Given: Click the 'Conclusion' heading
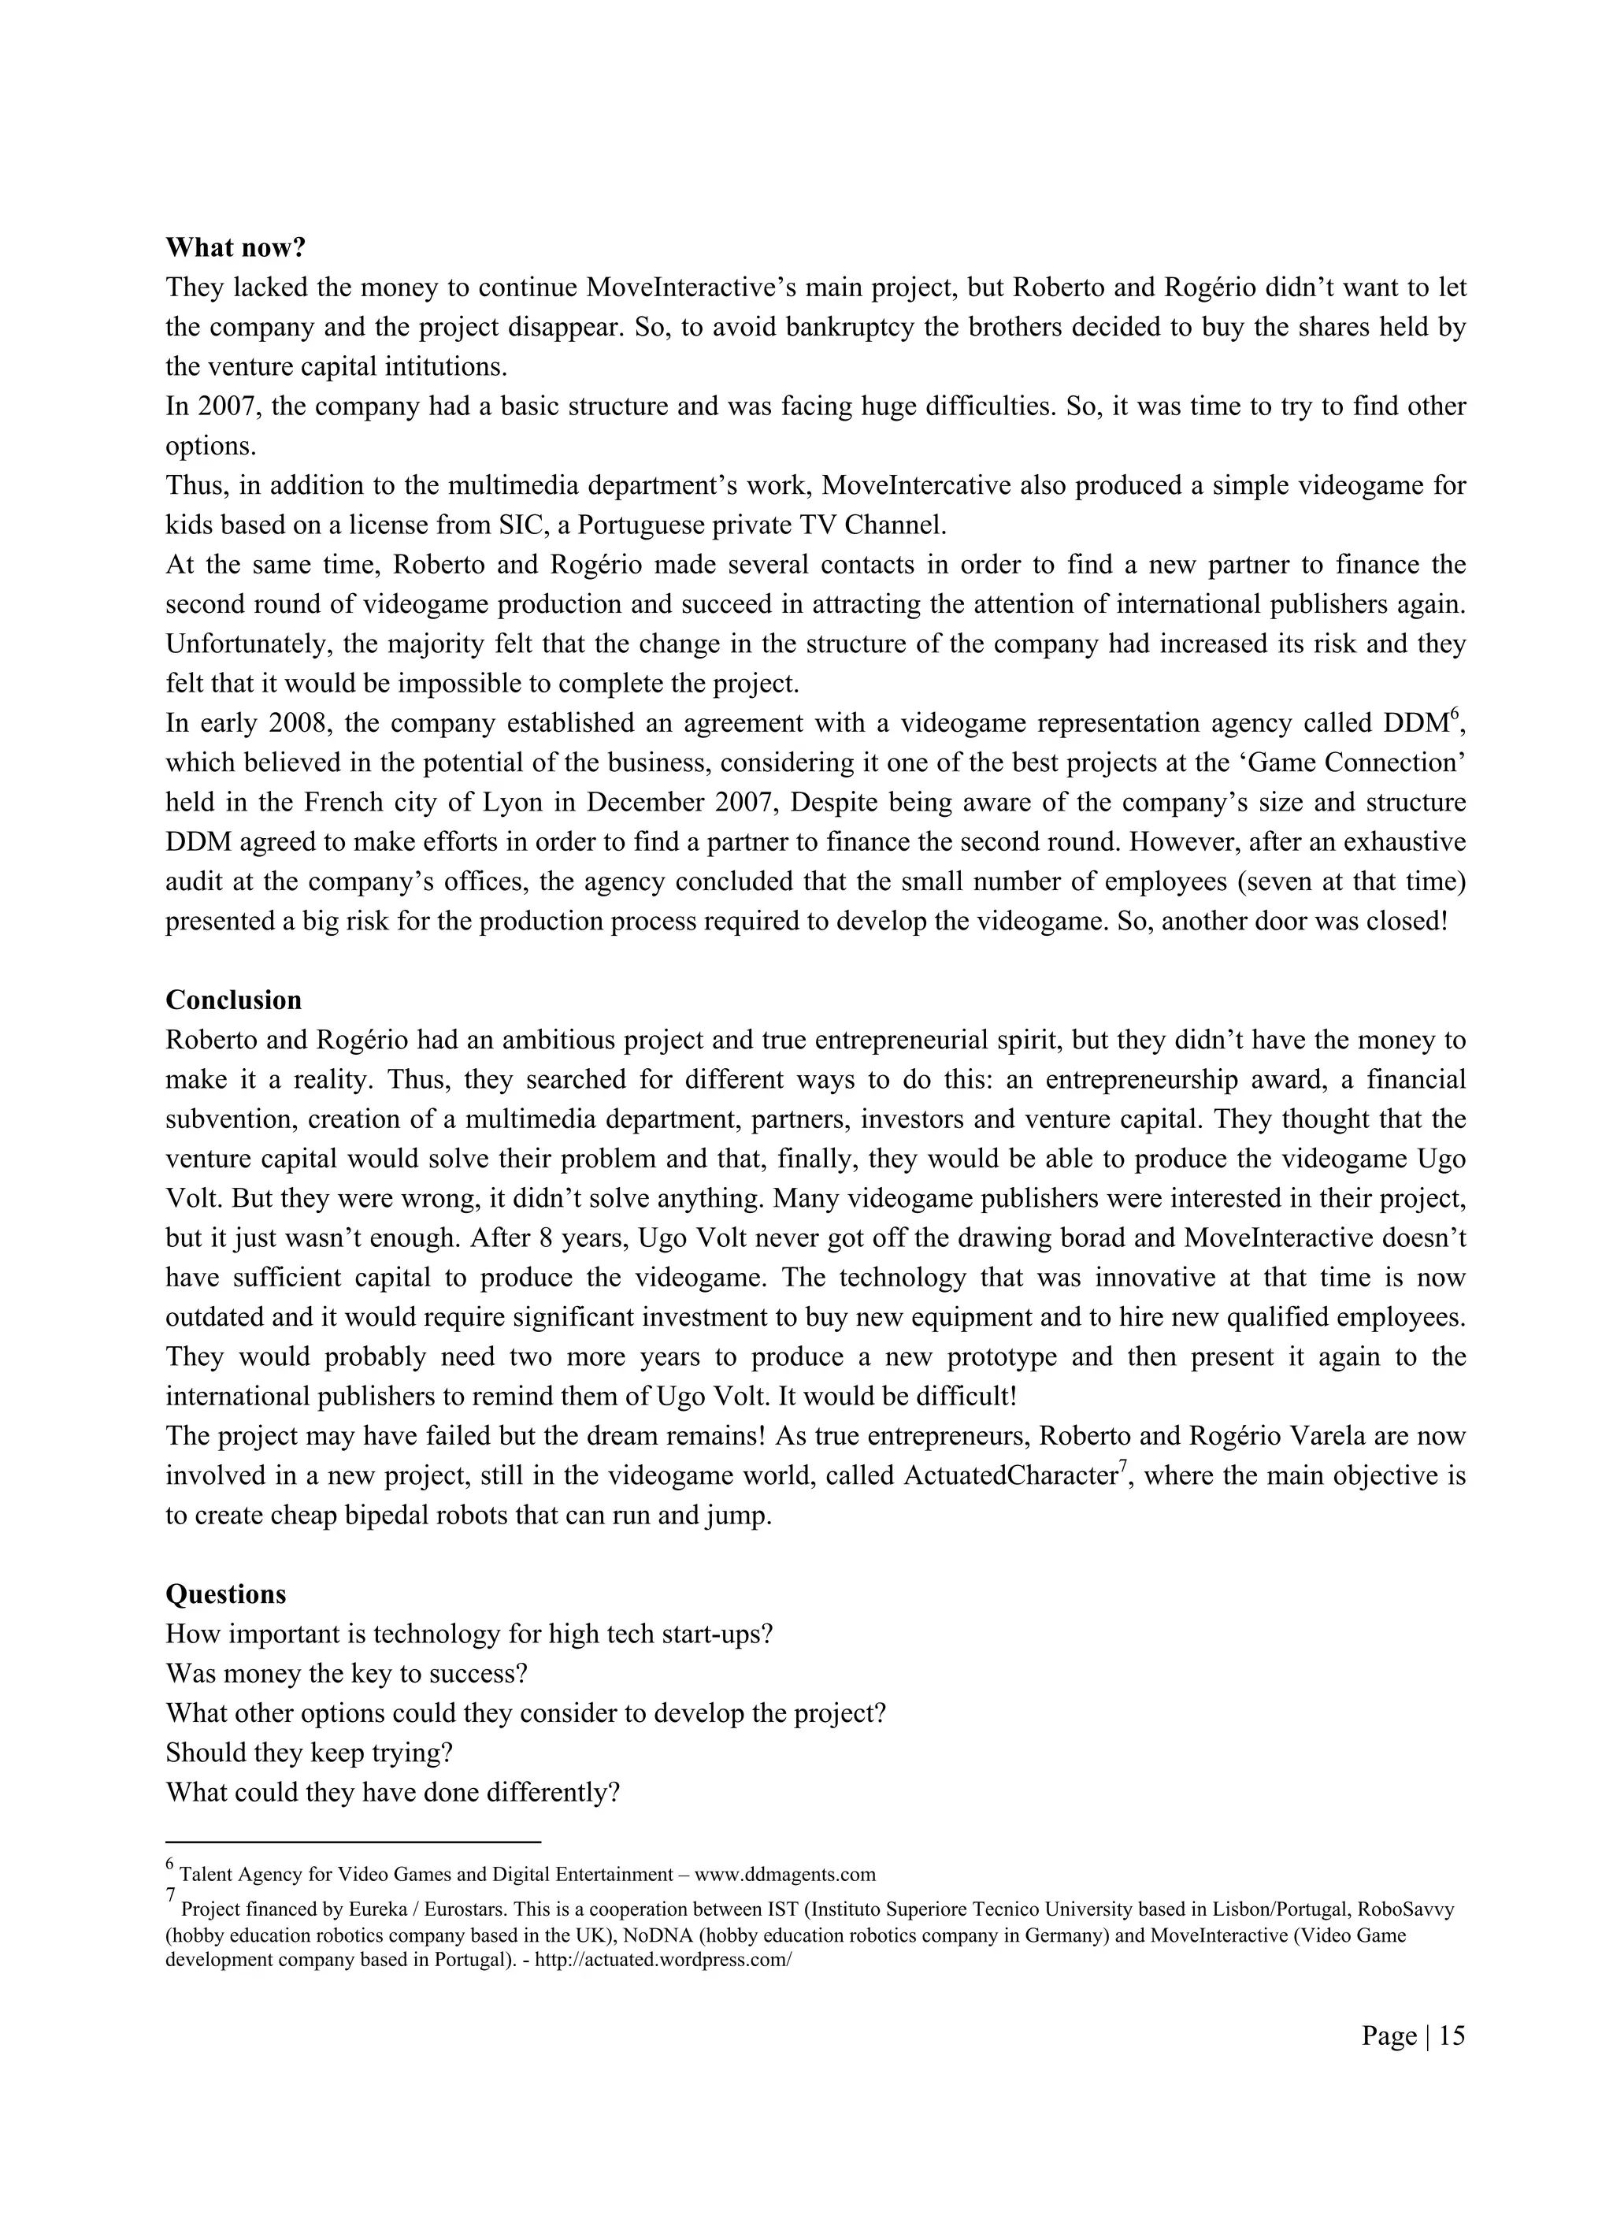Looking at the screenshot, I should pos(233,1000).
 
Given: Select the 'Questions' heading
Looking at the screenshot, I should pos(225,1594).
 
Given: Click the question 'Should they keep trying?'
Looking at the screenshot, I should pos(309,1752).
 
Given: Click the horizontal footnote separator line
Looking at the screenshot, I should pos(354,1842).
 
